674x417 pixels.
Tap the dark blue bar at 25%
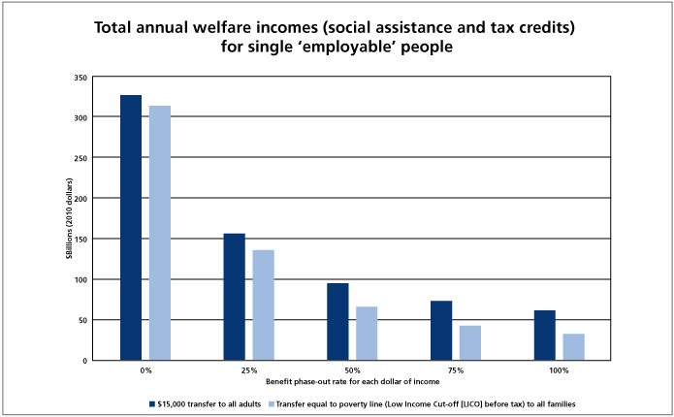coord(235,297)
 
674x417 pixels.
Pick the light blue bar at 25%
coord(264,305)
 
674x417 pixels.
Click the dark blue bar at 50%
coord(337,322)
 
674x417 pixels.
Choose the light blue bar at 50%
coord(367,334)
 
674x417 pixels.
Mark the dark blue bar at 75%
coord(441,331)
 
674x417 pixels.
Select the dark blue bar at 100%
coord(544,336)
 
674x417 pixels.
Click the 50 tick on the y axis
coord(82,320)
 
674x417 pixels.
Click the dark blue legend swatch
coord(151,401)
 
